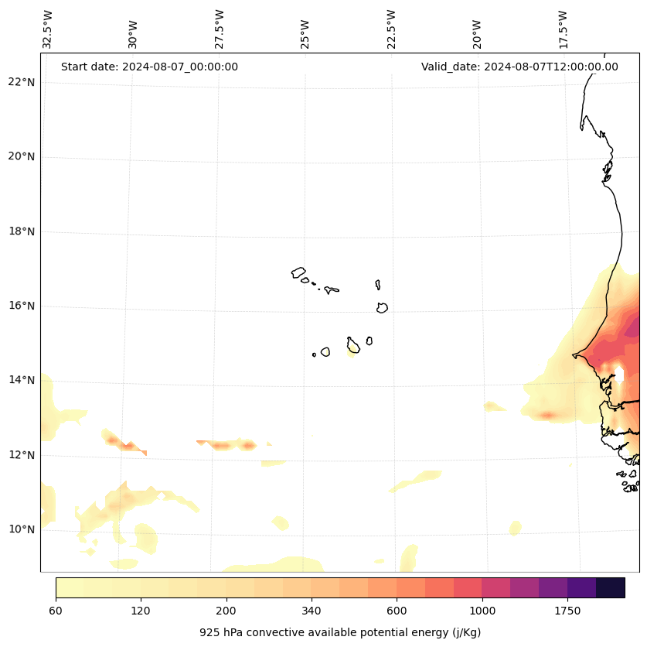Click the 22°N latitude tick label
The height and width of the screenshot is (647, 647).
point(22,82)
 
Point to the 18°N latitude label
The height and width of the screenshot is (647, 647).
point(22,231)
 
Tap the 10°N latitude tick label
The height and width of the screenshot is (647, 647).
point(22,529)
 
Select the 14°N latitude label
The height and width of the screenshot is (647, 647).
point(22,380)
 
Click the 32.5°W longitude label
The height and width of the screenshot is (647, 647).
point(48,29)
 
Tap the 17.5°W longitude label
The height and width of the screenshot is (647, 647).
point(564,29)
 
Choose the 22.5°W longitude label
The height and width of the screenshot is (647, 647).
point(391,29)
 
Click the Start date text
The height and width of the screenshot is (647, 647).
point(149,67)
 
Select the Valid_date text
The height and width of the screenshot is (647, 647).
point(519,67)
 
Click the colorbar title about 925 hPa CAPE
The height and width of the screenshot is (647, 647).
point(340,632)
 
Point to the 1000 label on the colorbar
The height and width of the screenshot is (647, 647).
point(482,611)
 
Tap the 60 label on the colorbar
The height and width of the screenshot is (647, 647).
point(56,611)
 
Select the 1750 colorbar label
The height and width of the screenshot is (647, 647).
point(567,611)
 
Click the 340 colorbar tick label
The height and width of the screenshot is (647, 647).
point(312,611)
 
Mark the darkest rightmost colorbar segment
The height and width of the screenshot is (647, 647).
point(611,587)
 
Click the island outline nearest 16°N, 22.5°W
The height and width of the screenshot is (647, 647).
point(382,307)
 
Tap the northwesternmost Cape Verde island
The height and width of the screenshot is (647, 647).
point(298,272)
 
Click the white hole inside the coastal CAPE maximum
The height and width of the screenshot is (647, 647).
point(619,375)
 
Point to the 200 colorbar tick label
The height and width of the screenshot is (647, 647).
point(226,611)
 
